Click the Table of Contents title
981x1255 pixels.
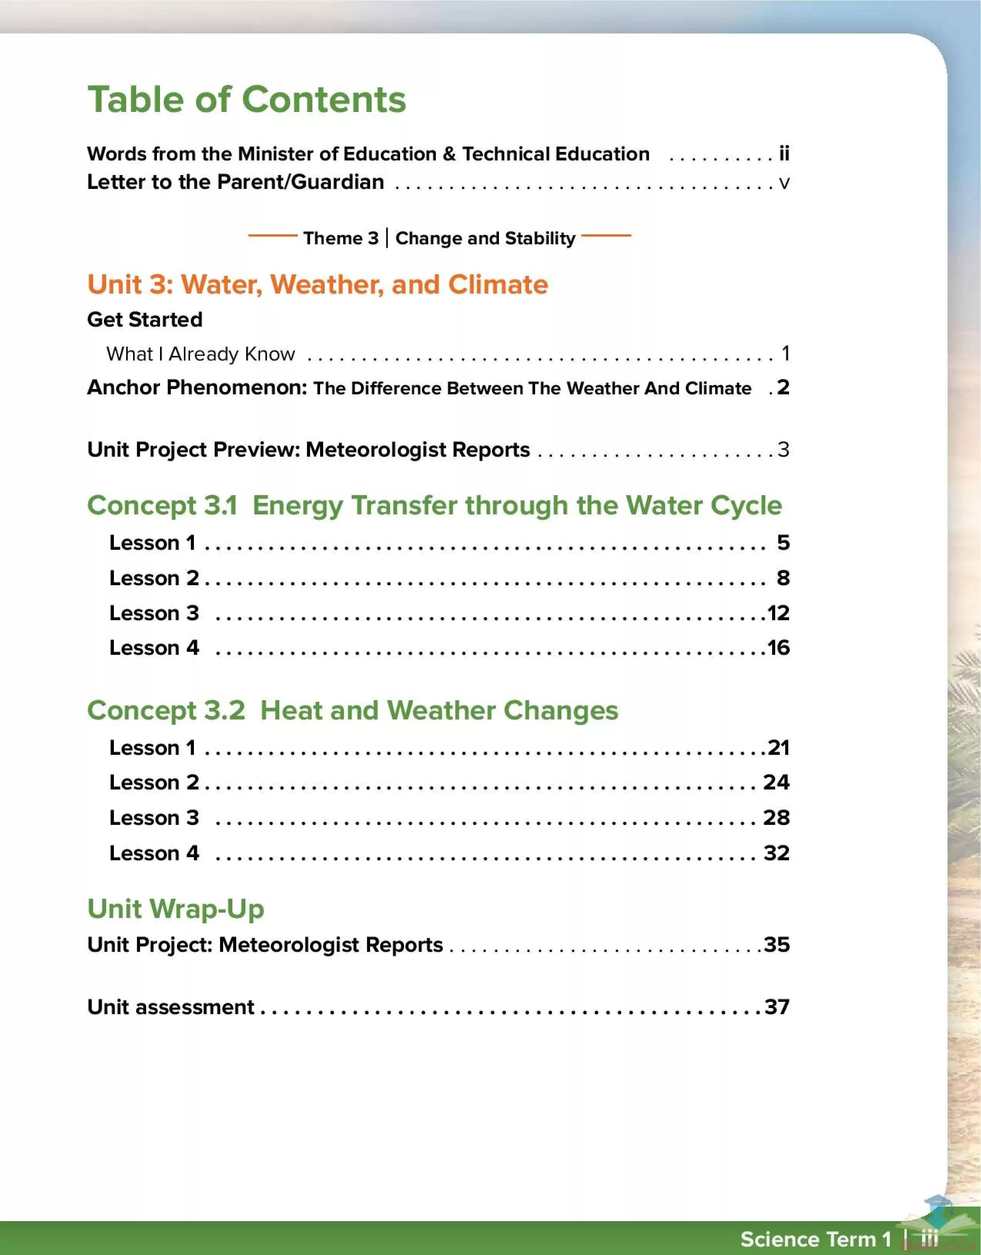247,99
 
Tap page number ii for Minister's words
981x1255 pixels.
784,154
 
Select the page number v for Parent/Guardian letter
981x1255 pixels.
784,183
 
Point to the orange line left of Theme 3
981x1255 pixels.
272,235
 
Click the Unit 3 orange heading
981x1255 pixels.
317,284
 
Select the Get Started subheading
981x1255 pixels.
145,319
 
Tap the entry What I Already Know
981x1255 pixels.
200,354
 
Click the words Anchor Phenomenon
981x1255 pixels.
197,387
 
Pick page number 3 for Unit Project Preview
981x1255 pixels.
783,449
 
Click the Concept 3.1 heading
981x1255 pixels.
434,506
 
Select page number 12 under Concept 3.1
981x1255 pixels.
778,613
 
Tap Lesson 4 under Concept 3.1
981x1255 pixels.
154,648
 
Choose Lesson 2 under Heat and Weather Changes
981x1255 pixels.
154,783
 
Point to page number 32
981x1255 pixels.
776,853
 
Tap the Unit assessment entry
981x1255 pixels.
171,1007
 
